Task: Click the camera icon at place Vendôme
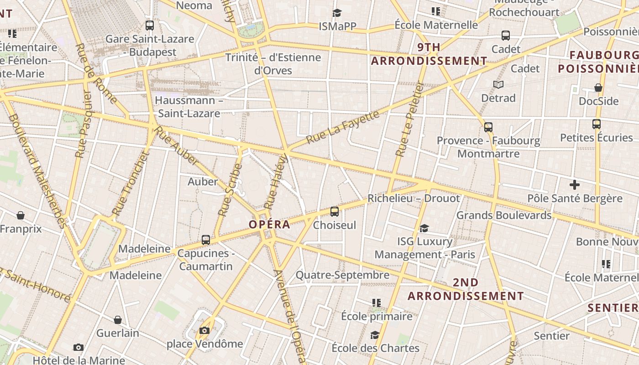click(x=204, y=330)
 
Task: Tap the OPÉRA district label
click(x=269, y=224)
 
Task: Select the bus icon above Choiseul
click(x=335, y=211)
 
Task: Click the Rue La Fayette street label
click(x=343, y=126)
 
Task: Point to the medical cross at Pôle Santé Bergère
click(x=575, y=185)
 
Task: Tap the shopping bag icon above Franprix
click(x=20, y=215)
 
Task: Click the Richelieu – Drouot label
click(x=414, y=198)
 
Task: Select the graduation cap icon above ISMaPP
click(x=337, y=13)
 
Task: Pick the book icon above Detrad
click(x=498, y=84)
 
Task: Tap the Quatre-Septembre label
click(x=342, y=275)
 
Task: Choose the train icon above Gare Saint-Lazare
click(x=150, y=26)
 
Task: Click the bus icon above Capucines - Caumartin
click(x=206, y=240)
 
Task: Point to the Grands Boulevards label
click(x=504, y=215)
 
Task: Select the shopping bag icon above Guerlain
click(x=118, y=319)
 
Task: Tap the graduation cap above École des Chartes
click(x=375, y=335)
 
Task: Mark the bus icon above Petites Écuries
click(x=596, y=124)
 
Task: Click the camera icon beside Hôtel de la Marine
click(x=79, y=348)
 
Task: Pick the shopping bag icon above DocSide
click(x=598, y=88)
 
